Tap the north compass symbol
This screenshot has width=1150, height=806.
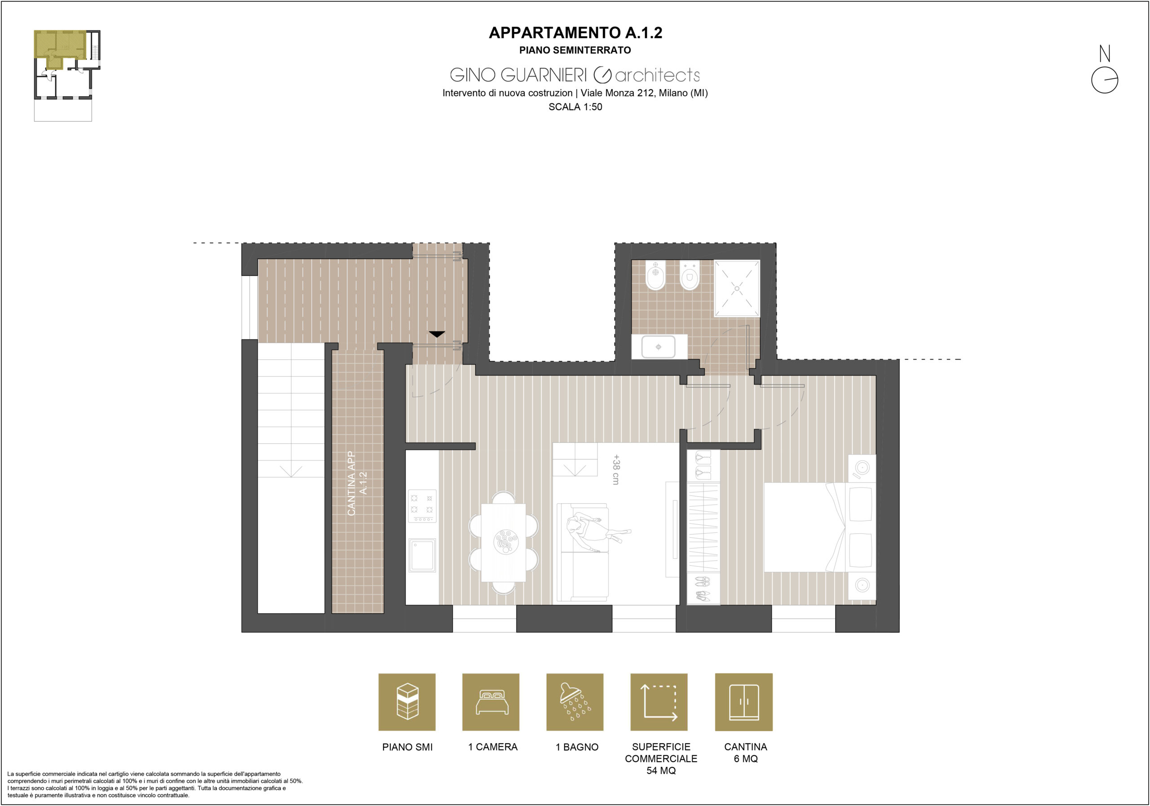coord(1105,70)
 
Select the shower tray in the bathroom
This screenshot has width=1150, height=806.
coord(736,288)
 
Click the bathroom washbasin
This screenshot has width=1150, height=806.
coord(658,347)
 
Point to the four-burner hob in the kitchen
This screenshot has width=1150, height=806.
coord(422,506)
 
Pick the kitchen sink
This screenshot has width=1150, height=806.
coord(422,555)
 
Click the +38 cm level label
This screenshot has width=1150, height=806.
coord(616,469)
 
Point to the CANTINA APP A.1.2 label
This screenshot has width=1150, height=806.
coord(357,483)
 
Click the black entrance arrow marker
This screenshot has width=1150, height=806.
coord(437,334)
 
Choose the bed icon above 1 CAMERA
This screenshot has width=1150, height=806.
coord(491,702)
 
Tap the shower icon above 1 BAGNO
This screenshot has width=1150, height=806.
coord(575,702)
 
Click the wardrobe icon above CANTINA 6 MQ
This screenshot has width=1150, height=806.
coord(744,702)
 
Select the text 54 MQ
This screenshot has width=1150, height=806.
coord(661,771)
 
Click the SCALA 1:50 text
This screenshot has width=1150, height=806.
coord(575,106)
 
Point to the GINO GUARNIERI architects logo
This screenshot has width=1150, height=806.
coord(575,75)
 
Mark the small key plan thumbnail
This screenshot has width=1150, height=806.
coord(67,75)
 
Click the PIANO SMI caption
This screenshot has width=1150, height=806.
coord(407,747)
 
